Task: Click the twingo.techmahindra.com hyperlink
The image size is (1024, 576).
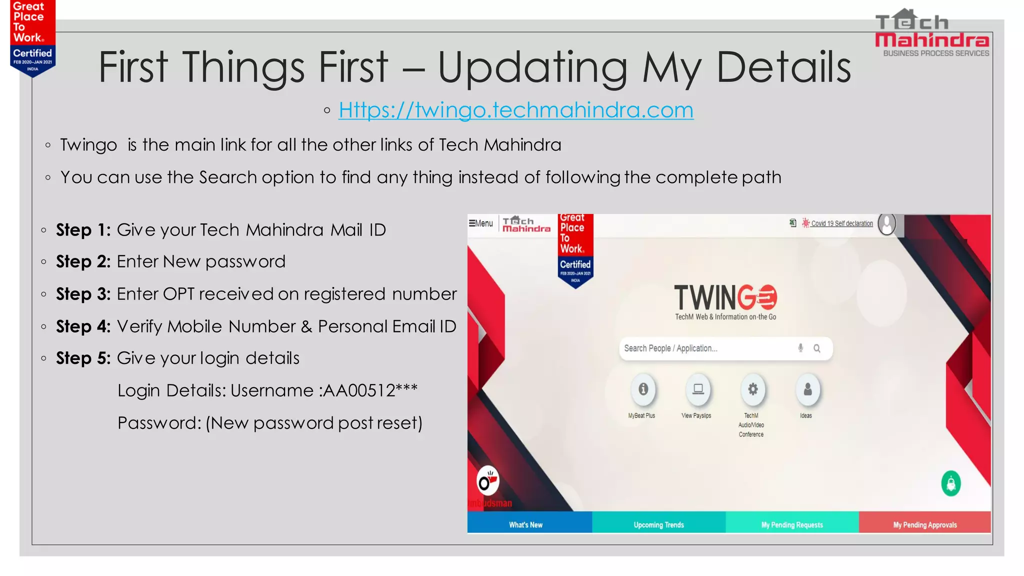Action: coord(515,110)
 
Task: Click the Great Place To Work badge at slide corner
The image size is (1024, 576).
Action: coord(32,38)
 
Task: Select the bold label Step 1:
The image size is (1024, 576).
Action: coord(83,230)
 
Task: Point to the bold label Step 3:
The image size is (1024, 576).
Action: coord(83,294)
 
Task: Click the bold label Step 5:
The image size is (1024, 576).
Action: coord(83,358)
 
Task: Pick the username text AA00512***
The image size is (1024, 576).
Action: coord(370,390)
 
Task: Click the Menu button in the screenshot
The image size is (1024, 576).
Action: coord(480,223)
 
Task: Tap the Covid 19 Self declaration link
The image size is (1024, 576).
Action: coord(841,223)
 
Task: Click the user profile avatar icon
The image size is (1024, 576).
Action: coord(887,223)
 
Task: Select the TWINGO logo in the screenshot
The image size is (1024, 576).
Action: coord(725,299)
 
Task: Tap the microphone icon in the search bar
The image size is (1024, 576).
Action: coord(800,348)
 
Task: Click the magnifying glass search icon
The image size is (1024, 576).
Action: coord(817,348)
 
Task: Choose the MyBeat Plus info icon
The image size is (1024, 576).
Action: coord(643,389)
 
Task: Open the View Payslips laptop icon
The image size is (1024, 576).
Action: coord(698,389)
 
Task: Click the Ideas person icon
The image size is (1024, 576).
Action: coord(807,389)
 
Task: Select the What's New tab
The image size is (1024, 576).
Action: coord(526,524)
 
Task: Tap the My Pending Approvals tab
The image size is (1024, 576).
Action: coord(925,524)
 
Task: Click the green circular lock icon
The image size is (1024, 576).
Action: coord(951,483)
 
